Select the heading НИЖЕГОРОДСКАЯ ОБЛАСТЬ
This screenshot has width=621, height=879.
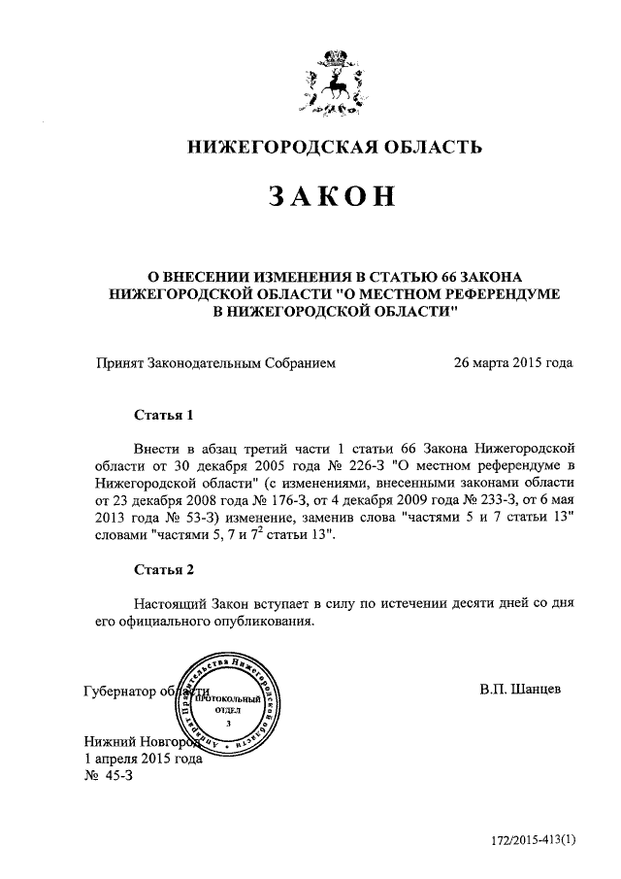point(334,148)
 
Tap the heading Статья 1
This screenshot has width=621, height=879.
point(163,415)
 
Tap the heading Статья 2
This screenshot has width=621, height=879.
point(163,569)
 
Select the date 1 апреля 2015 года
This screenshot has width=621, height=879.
point(144,759)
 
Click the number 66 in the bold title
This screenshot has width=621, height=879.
point(454,277)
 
